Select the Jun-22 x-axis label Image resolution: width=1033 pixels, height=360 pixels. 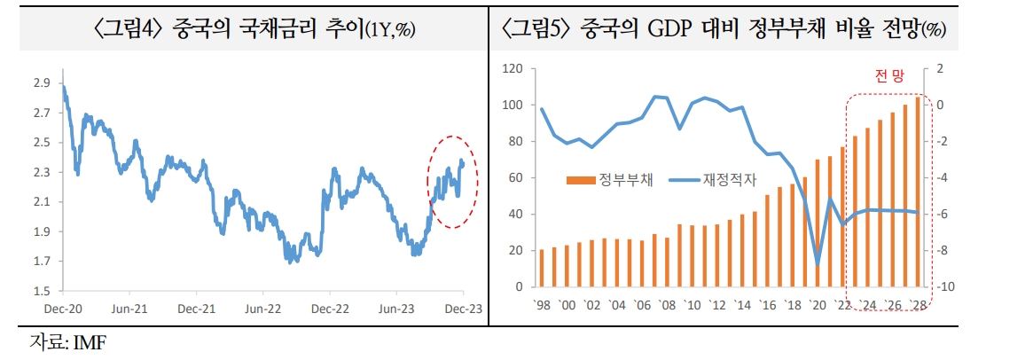[x=263, y=309]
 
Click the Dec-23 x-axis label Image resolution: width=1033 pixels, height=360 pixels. [x=463, y=309]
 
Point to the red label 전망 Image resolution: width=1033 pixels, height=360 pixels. [x=888, y=77]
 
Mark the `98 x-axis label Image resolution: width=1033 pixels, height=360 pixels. [x=542, y=306]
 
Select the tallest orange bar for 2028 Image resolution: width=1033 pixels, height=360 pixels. [x=917, y=192]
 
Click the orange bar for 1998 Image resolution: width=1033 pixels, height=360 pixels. [x=542, y=268]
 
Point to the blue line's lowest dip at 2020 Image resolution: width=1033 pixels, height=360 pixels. [x=818, y=263]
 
